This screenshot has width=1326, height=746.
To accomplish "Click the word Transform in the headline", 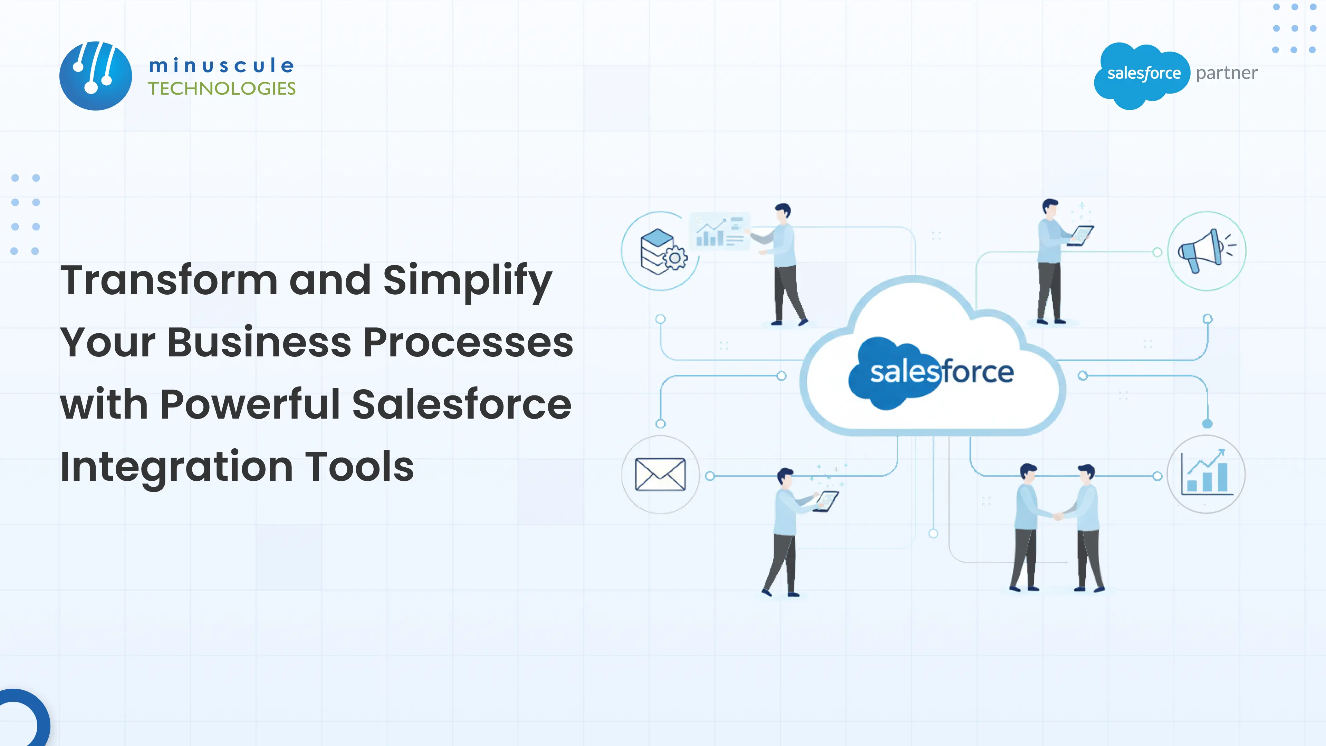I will tap(169, 280).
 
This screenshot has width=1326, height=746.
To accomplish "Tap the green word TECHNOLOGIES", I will tap(222, 88).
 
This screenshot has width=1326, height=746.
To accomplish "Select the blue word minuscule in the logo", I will tap(222, 65).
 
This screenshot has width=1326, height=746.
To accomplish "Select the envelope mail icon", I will tap(661, 474).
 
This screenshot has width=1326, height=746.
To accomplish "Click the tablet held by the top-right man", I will tap(1081, 235).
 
